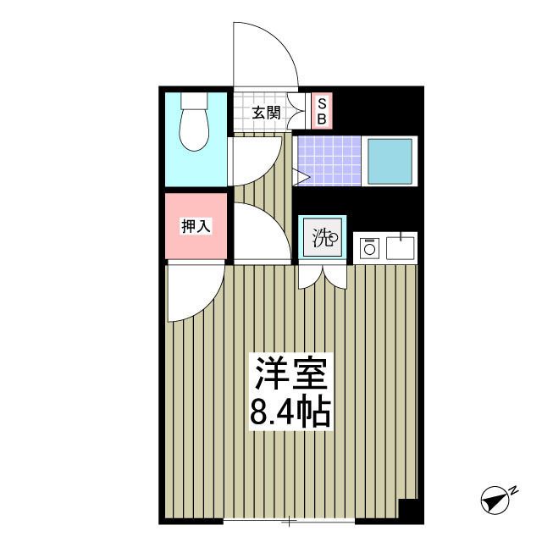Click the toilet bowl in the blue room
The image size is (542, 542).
[195, 132]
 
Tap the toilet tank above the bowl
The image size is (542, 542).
[195, 102]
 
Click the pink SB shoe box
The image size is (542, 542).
[322, 111]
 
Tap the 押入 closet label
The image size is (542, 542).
[196, 226]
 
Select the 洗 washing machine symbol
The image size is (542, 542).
[323, 238]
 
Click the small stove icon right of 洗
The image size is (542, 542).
[368, 247]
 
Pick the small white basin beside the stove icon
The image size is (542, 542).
[400, 247]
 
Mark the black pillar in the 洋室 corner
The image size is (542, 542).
[407, 510]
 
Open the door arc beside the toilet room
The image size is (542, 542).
[258, 161]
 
